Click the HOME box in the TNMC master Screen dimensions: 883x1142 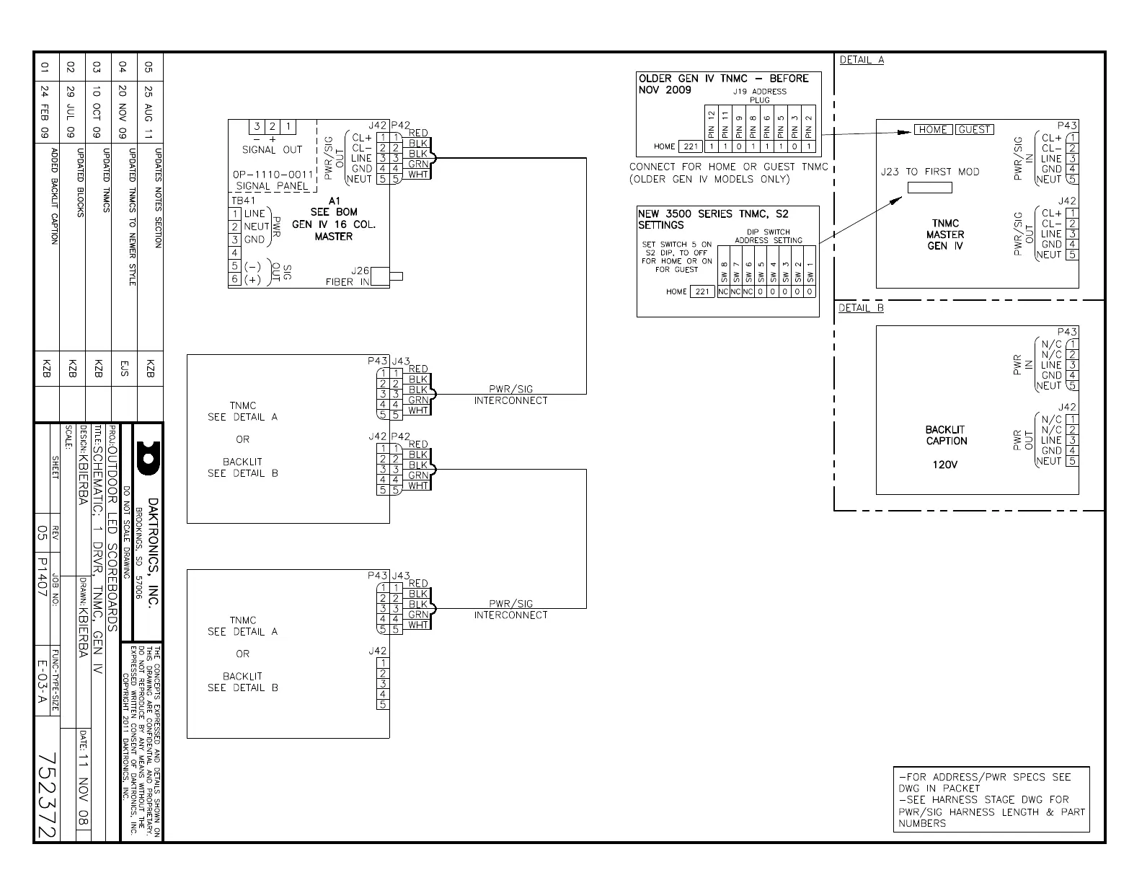pyautogui.click(x=933, y=130)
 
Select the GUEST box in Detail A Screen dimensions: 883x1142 pyautogui.click(x=975, y=130)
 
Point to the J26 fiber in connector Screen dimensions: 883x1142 pyautogui.click(x=396, y=276)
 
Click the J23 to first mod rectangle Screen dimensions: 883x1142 pyautogui.click(x=929, y=188)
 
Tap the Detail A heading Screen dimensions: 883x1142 pyautogui.click(x=862, y=60)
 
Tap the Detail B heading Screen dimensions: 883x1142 pyautogui.click(x=861, y=308)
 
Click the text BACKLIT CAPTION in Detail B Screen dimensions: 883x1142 pyautogui.click(x=946, y=435)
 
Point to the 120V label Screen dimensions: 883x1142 pyautogui.click(x=944, y=465)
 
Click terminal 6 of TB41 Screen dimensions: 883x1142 pyautogui.click(x=235, y=279)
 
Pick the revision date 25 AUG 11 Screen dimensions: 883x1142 pyautogui.click(x=149, y=113)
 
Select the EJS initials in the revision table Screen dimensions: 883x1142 pyautogui.click(x=124, y=370)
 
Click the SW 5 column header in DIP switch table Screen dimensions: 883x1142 pyautogui.click(x=761, y=274)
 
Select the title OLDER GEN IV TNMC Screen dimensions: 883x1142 pyautogui.click(x=723, y=79)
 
